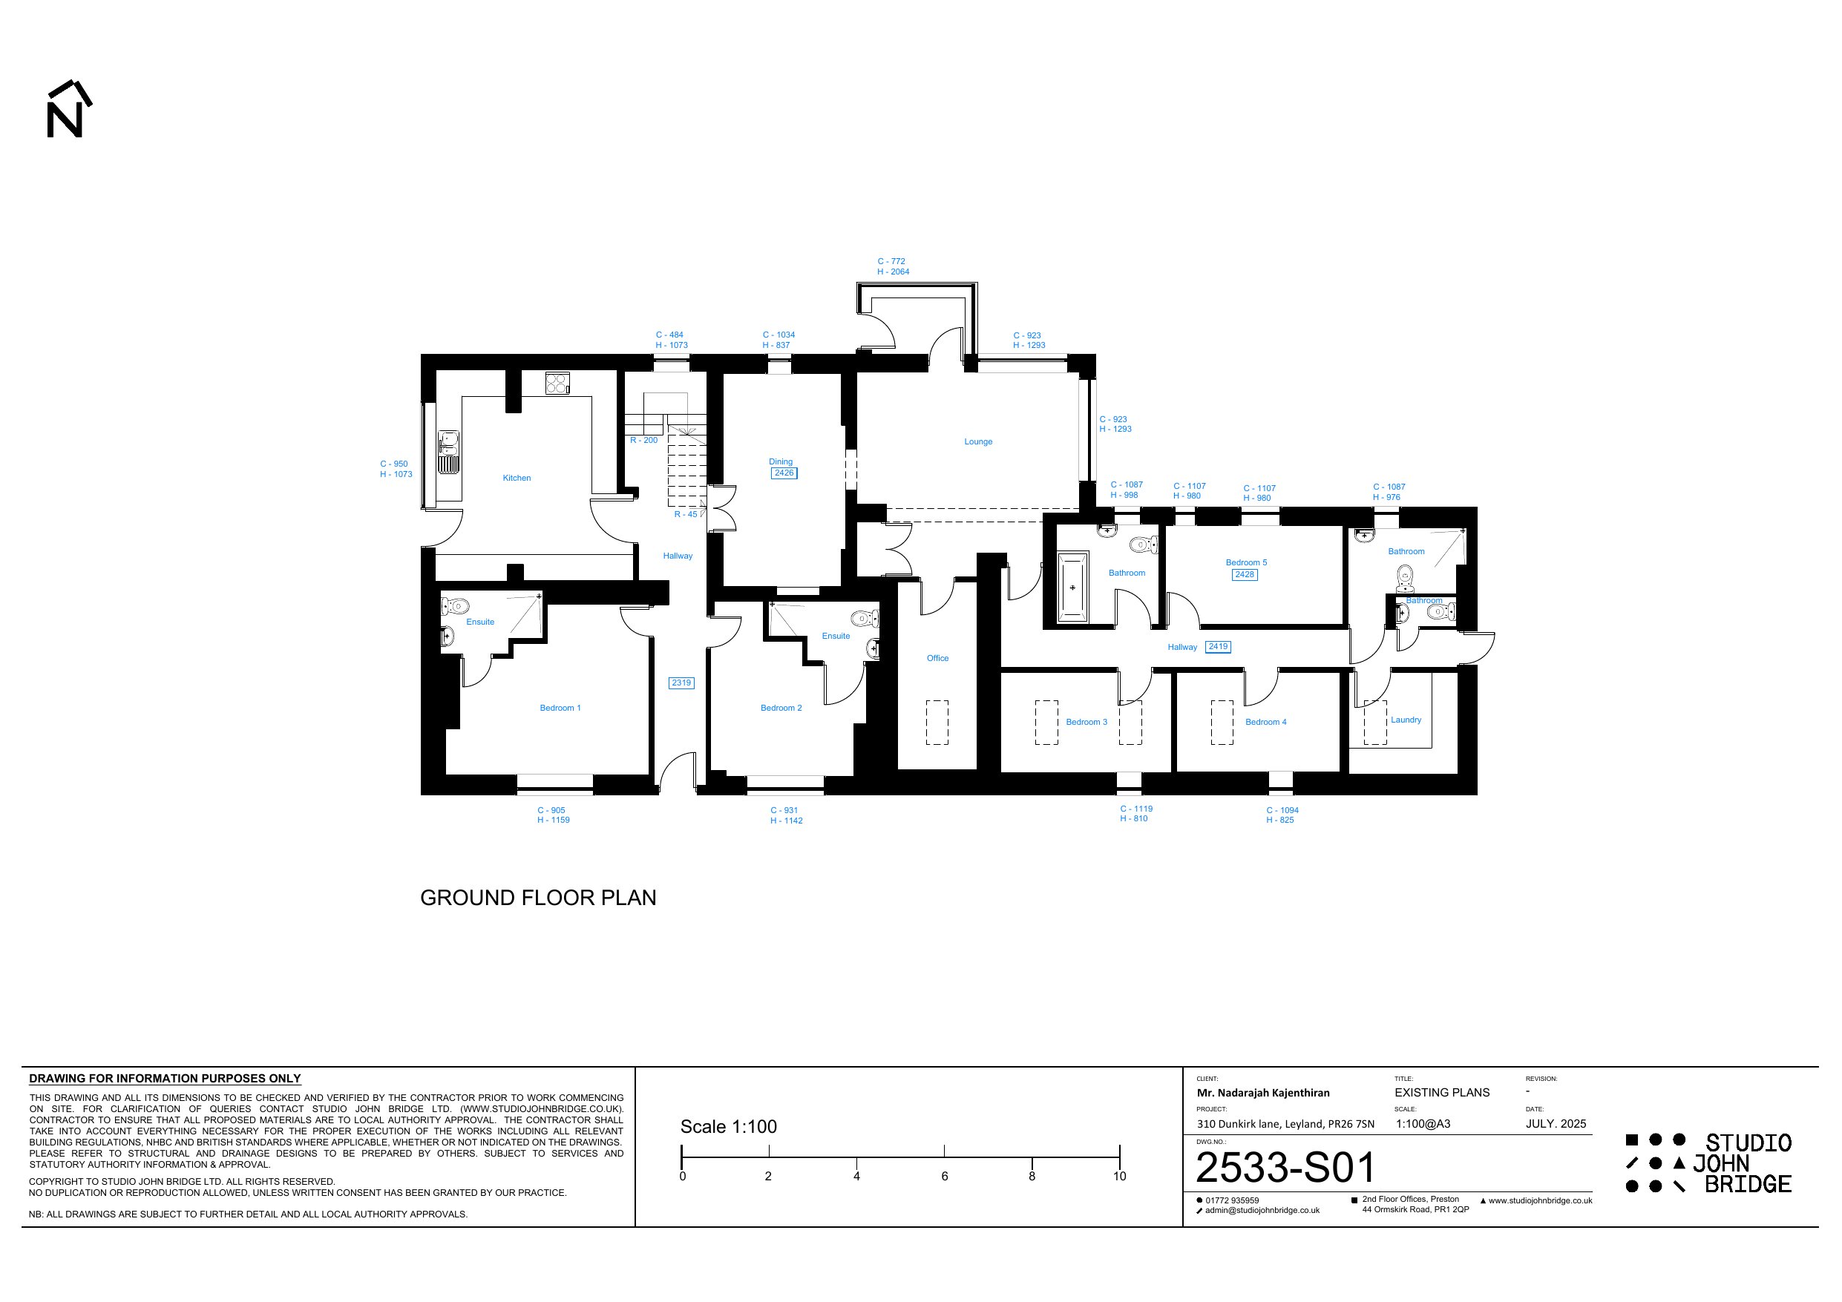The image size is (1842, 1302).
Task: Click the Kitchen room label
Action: point(517,478)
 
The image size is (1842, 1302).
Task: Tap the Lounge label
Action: point(978,442)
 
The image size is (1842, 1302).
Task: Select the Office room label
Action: point(937,659)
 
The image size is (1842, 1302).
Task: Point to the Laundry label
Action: point(1406,720)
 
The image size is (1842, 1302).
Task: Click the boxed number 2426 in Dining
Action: point(784,473)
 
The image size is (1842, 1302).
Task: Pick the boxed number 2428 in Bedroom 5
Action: point(1245,574)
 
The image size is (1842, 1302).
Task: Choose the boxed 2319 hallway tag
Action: point(681,683)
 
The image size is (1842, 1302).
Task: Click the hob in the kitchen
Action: point(557,384)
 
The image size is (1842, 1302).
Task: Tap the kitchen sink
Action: point(449,453)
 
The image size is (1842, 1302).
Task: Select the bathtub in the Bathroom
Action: point(1072,588)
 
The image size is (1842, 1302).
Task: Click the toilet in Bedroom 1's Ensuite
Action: point(455,605)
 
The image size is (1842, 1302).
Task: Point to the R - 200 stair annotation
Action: point(643,441)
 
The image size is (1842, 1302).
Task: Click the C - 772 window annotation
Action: point(891,262)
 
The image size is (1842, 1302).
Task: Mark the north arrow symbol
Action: point(69,109)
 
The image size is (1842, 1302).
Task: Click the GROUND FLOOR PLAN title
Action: point(538,898)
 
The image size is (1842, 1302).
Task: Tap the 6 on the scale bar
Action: point(944,1177)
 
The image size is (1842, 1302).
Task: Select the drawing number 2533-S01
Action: point(1285,1168)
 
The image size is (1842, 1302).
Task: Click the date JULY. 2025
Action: point(1556,1124)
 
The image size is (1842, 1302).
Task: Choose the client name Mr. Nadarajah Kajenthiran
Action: point(1263,1093)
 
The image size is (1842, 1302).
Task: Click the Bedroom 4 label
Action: point(1265,722)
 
